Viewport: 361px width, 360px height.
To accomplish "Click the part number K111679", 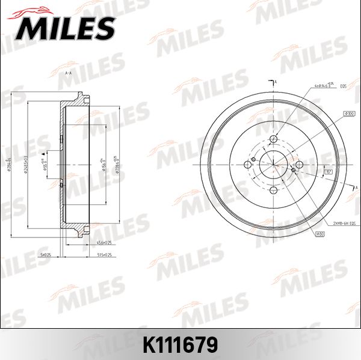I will (x=180, y=345).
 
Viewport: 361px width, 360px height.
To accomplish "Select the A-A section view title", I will (x=68, y=73).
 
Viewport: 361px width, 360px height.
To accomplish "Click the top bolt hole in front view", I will (x=273, y=140).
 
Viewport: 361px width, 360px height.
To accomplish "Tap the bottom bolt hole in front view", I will (x=273, y=191).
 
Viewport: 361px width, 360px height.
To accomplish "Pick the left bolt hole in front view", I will (x=248, y=165).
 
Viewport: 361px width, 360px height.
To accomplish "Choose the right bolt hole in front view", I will (x=298, y=165).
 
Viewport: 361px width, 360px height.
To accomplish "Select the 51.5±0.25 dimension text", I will (x=105, y=255).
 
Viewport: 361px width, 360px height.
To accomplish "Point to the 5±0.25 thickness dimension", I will (x=44, y=255).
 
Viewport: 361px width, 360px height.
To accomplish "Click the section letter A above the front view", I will (x=275, y=81).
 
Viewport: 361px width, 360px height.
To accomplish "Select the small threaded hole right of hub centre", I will (x=293, y=171).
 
